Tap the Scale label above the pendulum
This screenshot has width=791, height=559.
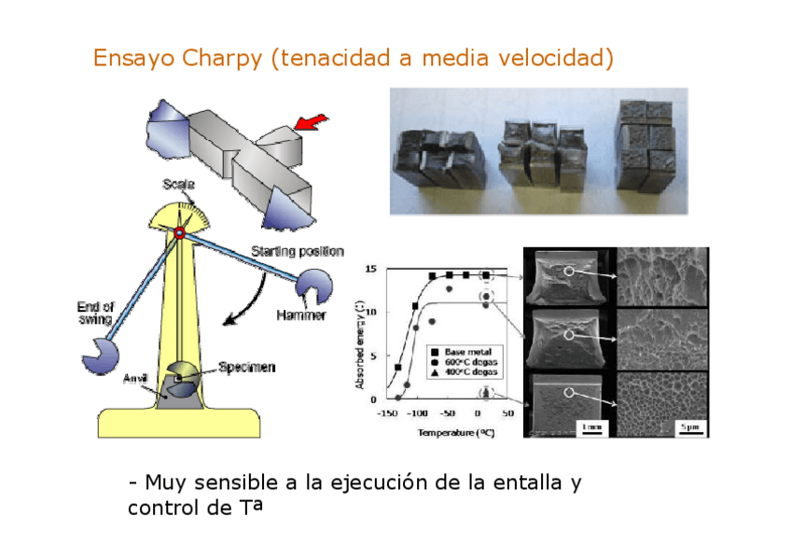coord(178,185)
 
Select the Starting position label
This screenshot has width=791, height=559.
coord(298,251)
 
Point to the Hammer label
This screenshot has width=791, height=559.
coord(300,315)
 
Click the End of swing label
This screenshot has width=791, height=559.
coord(95,313)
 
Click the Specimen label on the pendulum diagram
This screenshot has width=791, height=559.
coord(247,367)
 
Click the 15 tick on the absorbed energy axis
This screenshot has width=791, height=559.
coord(370,270)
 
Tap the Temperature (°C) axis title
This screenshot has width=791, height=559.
coord(455,432)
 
